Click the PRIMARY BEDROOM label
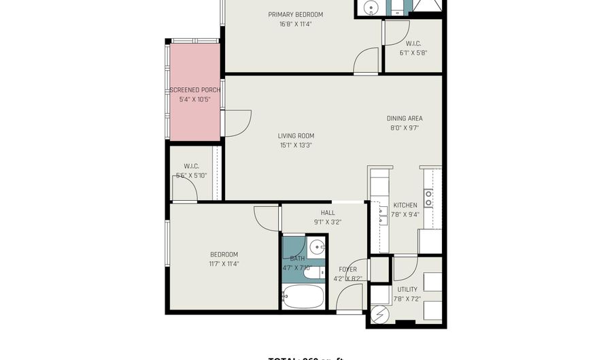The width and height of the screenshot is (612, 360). (295, 15)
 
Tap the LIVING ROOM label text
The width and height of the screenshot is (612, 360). (296, 135)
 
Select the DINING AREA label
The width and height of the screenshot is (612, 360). (405, 118)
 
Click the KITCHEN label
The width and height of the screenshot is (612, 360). (405, 206)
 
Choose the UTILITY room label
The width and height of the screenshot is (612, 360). (407, 289)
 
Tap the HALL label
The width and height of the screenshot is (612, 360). (327, 213)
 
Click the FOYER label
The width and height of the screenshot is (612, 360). (347, 269)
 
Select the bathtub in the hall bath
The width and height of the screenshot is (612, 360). (303, 297)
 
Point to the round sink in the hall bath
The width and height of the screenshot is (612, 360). (317, 247)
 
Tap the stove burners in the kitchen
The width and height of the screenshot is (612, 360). (429, 198)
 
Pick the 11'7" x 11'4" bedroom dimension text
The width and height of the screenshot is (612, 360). (224, 264)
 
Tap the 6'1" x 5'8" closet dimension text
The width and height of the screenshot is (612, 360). (413, 53)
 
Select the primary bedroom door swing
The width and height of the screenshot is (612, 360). (366, 60)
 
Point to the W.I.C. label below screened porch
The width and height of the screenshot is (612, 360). (191, 167)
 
